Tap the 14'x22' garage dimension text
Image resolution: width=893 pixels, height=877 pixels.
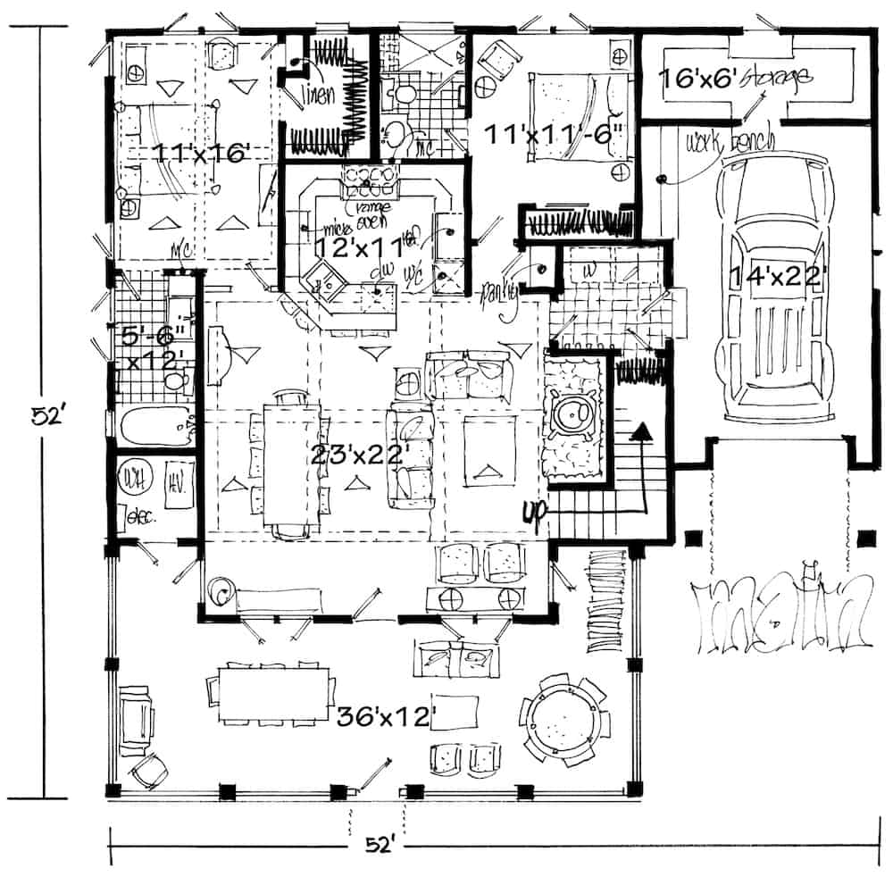(773, 275)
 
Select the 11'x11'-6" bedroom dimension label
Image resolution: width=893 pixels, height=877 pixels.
(554, 134)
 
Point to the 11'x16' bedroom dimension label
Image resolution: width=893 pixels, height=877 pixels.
(199, 153)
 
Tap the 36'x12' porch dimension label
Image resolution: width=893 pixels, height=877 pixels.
(385, 714)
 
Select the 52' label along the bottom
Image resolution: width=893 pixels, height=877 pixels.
(379, 844)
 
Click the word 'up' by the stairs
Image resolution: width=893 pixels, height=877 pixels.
(534, 513)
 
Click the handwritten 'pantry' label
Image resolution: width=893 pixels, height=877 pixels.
(500, 292)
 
